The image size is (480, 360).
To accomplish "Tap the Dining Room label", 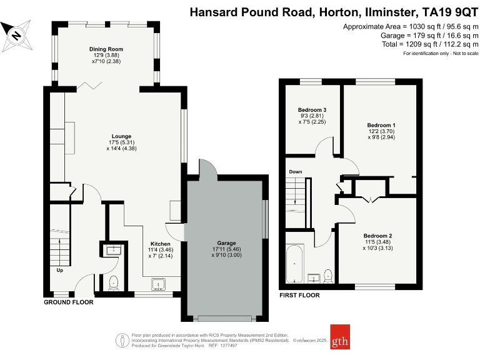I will pos(106,49).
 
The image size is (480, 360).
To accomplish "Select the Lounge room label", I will pos(121,136).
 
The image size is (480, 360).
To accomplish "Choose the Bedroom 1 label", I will pos(381,125).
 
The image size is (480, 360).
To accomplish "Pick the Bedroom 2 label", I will pos(377,235).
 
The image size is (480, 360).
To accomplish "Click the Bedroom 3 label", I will pos(312,110).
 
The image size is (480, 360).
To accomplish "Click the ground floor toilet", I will pos(114,282).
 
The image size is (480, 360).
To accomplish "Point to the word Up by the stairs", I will pos(60,271).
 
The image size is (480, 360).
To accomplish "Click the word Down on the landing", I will pos(296,171).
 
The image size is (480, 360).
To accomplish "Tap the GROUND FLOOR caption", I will pos(68,302).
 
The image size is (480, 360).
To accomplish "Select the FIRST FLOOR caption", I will pos(300,295).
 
